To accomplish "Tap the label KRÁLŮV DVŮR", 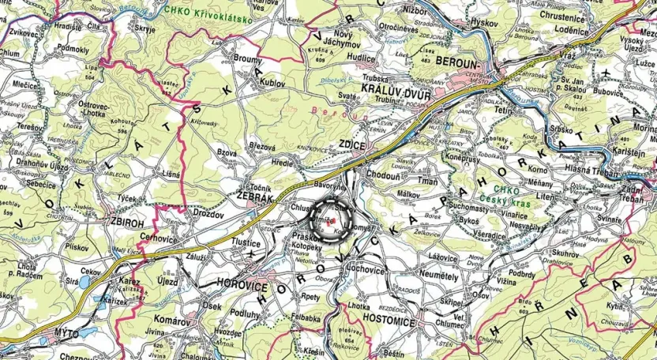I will click(x=390, y=89).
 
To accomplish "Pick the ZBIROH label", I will click(x=127, y=223).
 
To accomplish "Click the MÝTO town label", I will click(x=64, y=334).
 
